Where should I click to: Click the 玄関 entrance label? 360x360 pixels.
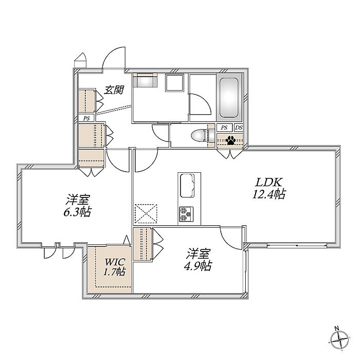114,90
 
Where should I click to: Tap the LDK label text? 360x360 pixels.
268,182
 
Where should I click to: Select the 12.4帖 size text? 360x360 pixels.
268,194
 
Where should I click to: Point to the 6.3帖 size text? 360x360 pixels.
77,212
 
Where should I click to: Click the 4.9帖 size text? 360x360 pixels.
198,266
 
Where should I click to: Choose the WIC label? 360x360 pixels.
115,261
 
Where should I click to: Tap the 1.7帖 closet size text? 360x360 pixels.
114,272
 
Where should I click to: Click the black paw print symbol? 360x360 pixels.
230,140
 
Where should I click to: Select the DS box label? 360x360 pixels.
239,128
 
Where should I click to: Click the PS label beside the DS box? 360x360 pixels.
224,128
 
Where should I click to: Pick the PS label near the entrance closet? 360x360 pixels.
86,118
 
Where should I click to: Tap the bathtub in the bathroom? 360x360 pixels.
229,98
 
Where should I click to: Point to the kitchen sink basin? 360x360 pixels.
187,186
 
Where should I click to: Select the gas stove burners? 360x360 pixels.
186,214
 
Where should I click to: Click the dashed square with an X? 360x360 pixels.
146,213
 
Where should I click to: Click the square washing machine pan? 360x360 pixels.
175,83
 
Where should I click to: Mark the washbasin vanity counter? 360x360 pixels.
145,80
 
